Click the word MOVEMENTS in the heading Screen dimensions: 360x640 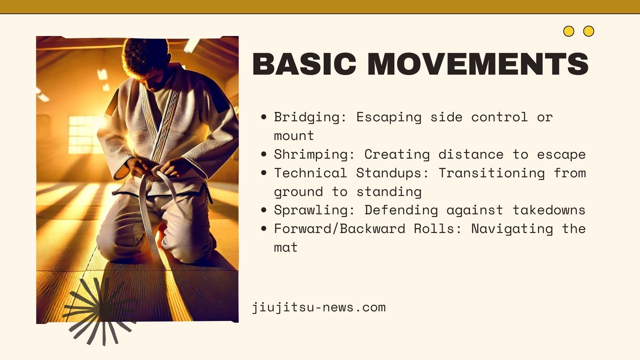(478, 64)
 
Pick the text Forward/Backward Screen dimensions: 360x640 (339, 229)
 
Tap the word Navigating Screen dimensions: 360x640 (512, 229)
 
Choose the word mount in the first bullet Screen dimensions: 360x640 (294, 136)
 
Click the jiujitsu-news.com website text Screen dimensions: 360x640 (319, 307)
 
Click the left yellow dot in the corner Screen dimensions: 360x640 (569, 31)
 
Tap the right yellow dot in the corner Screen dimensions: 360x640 (589, 31)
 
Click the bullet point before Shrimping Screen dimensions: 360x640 (264, 154)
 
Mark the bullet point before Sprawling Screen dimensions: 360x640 (264, 210)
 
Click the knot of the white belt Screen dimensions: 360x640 (157, 172)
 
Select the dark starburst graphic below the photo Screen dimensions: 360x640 (102, 310)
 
